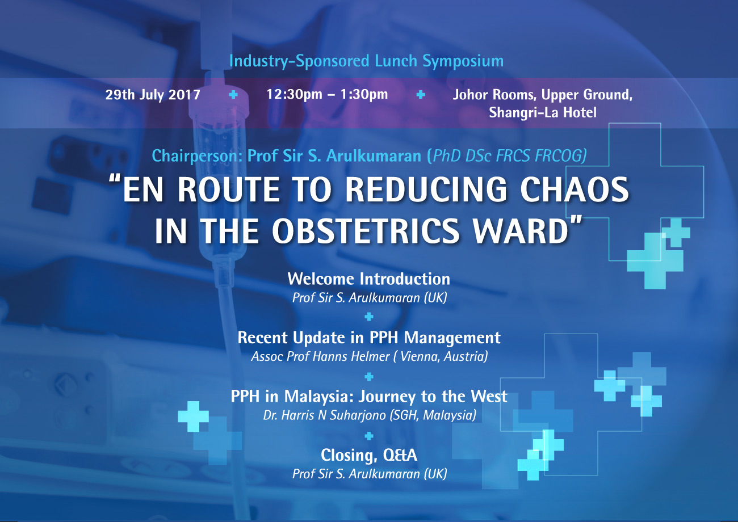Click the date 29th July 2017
153,95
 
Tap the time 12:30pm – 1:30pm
327,95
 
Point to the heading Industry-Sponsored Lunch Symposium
366,61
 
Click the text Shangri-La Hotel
543,113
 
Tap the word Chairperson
196,156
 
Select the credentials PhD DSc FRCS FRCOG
510,156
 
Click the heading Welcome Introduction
368,279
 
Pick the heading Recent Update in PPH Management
369,338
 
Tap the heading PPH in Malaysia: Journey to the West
369,397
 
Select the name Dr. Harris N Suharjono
325,415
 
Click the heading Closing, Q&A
369,456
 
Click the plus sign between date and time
233,95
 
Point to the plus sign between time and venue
421,95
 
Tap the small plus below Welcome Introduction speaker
369,317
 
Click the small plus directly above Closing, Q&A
369,436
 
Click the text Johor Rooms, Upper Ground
543,95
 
